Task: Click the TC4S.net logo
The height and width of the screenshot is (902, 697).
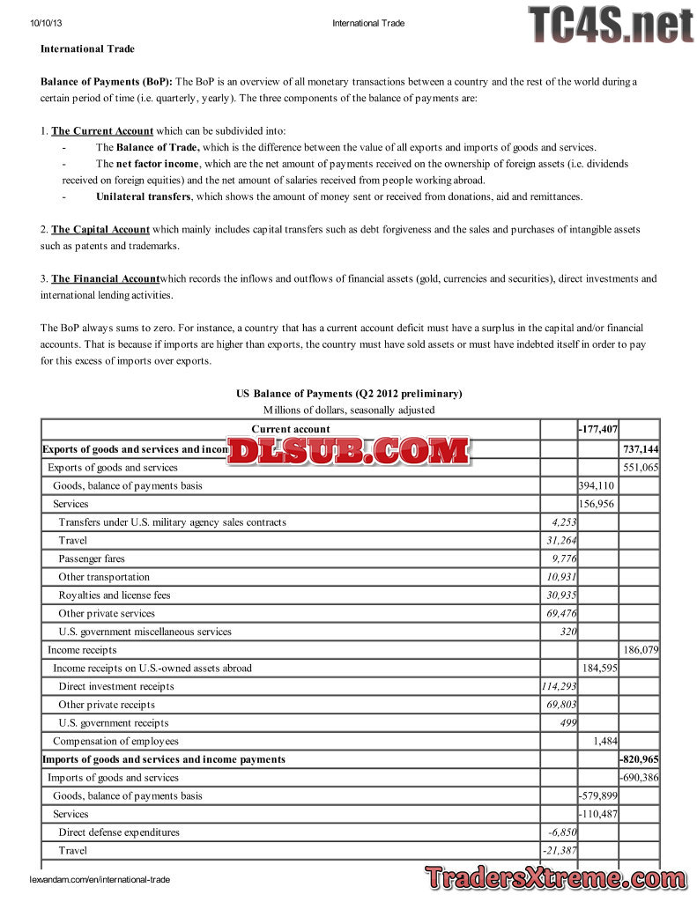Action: tap(611, 24)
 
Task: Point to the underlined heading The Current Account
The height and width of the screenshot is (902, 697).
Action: tap(102, 131)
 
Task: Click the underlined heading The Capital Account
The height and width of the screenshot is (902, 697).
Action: tap(100, 230)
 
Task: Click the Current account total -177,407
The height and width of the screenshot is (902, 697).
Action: tap(597, 430)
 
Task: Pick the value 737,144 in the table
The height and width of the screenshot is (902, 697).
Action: tap(641, 449)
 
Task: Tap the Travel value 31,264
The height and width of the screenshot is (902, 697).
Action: tap(561, 541)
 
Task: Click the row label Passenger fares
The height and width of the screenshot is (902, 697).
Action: tap(92, 558)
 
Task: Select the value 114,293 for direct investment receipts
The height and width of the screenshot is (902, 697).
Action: tap(560, 686)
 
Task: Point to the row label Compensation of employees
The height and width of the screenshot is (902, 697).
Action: tap(115, 742)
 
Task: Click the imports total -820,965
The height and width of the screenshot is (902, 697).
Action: tap(640, 759)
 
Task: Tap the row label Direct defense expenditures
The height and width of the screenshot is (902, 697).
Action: tap(119, 832)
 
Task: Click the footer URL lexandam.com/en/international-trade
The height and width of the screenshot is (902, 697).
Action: tap(100, 879)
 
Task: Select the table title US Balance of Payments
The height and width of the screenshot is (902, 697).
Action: tap(349, 394)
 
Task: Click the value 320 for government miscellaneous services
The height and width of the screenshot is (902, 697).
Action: tap(568, 632)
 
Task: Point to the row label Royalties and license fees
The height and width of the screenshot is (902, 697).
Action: tap(115, 595)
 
